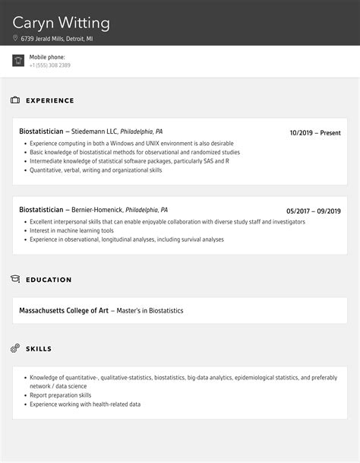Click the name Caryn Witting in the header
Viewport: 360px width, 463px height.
point(62,23)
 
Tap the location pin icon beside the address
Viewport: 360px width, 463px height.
point(15,38)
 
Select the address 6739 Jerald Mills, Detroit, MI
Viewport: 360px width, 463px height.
point(57,38)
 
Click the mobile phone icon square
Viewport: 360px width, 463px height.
point(18,61)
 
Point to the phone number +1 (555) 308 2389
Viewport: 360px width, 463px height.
point(50,65)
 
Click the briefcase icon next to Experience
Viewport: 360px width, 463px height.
point(15,100)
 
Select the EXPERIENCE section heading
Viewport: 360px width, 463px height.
point(50,100)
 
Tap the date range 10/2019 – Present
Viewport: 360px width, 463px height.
point(315,133)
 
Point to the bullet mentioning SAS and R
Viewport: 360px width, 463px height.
point(129,161)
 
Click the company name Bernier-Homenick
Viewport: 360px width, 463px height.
point(96,210)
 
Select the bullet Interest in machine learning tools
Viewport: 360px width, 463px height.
point(71,230)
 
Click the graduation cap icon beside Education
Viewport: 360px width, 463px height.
point(15,280)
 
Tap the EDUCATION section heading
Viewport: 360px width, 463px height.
point(49,280)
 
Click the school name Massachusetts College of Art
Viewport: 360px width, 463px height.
point(64,310)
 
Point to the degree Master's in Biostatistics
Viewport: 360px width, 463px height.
point(150,310)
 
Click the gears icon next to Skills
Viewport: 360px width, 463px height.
point(15,348)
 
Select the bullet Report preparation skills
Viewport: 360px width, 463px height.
point(61,395)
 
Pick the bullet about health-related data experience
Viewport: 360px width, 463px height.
point(85,404)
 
